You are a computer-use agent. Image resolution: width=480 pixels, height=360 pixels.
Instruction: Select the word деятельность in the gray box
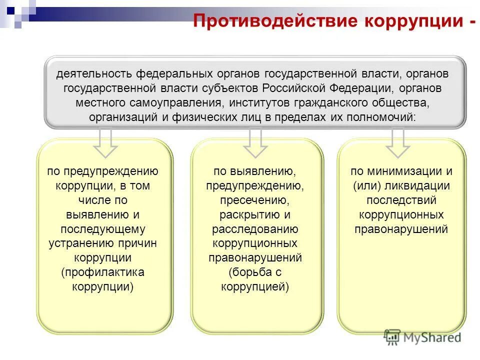click(x=94, y=73)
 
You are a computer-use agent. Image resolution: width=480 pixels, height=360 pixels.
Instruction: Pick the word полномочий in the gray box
click(x=382, y=117)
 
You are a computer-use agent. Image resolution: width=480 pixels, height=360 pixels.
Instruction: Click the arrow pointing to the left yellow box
click(x=105, y=142)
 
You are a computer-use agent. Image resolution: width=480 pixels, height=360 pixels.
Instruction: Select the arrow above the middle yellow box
click(x=255, y=142)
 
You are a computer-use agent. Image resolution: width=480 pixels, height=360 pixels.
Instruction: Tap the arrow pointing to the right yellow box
click(x=398, y=142)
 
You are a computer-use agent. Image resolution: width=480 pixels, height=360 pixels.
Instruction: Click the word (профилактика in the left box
click(x=103, y=272)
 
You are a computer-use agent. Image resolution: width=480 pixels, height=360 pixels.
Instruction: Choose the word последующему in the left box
click(x=103, y=229)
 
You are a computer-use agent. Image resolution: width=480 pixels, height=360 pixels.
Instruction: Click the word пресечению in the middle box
click(x=255, y=200)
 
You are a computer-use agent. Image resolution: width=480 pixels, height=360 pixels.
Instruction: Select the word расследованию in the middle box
click(x=255, y=229)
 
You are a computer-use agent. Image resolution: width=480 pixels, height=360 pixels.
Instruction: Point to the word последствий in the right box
click(x=401, y=200)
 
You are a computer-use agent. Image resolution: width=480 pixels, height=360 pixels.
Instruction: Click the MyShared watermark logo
click(x=422, y=337)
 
